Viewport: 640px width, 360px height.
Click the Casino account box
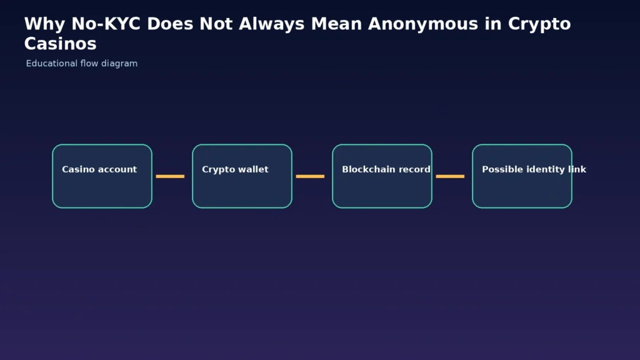point(102,176)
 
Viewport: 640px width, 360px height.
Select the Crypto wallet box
point(242,176)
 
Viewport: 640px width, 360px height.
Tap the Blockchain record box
point(382,176)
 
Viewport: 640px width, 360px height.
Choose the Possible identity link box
point(522,176)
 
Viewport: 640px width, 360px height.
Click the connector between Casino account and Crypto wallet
point(170,176)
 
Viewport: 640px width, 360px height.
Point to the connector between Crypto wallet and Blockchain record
point(310,176)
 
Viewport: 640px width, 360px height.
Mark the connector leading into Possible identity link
point(450,176)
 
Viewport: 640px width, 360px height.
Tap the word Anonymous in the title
point(423,24)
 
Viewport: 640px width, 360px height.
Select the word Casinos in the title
point(61,44)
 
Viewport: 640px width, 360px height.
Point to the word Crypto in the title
point(539,24)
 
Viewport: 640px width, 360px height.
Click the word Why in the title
point(44,24)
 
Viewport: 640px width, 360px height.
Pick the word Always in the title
point(271,24)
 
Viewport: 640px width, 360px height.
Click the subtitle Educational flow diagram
point(82,64)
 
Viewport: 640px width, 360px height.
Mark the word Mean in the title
point(336,24)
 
